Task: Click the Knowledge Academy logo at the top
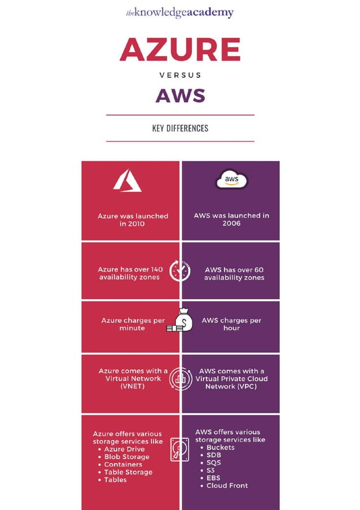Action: (179, 12)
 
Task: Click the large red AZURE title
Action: (180, 50)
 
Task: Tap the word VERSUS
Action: (180, 75)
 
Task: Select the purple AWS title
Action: (180, 95)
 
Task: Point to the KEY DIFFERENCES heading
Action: (180, 128)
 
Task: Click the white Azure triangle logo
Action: (127, 181)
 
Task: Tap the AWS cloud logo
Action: (231, 180)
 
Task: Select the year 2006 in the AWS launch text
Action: (231, 223)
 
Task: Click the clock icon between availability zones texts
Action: (180, 271)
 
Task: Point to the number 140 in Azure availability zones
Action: (156, 269)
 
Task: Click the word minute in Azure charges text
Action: (132, 328)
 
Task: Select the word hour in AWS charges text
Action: (231, 328)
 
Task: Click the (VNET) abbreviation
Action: (133, 386)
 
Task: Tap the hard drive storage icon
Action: (179, 450)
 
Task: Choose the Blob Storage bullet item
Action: (126, 457)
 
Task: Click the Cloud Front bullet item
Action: (227, 485)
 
